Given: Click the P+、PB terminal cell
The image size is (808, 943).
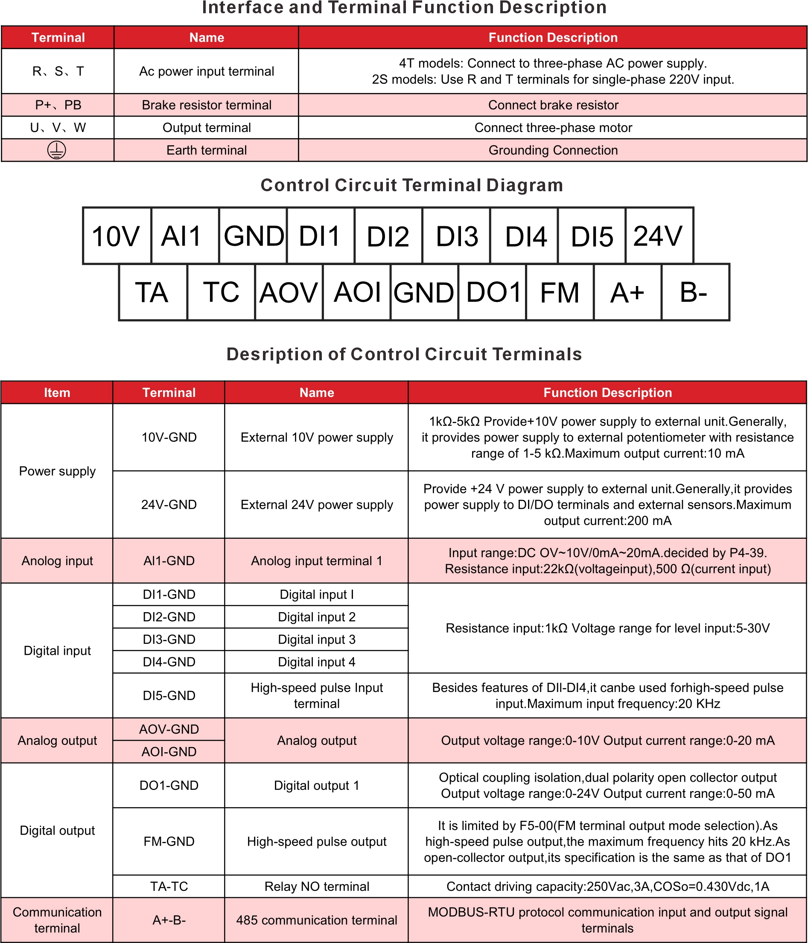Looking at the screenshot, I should click(x=58, y=105).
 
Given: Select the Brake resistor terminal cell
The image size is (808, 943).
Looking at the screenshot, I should click(x=207, y=105).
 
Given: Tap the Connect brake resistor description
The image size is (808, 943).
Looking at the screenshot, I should click(x=553, y=105).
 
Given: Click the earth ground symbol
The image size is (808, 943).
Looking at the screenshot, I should click(x=56, y=150).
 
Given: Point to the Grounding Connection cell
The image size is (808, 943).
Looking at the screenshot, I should click(x=553, y=150).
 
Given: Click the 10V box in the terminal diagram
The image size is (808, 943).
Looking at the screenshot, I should click(x=117, y=236).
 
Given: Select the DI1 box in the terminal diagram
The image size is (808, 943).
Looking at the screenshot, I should click(x=320, y=236).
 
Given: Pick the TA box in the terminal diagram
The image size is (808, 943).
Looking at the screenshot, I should click(x=153, y=292).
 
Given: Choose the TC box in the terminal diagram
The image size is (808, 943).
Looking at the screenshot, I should click(x=221, y=292).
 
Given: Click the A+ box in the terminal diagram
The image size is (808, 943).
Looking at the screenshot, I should click(x=627, y=292).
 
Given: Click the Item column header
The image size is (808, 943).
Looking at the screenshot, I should click(x=57, y=393).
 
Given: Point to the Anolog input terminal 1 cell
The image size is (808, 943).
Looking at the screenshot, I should click(x=317, y=561).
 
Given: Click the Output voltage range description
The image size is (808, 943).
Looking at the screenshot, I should click(x=607, y=741).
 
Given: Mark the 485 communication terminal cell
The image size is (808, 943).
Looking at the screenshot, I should click(x=317, y=920).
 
